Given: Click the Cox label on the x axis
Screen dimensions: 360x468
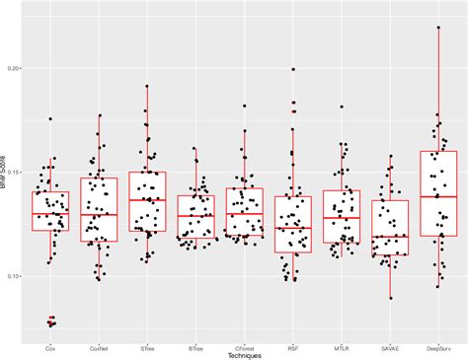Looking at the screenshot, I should [x=50, y=346].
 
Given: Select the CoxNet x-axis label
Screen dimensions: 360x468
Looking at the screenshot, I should [x=99, y=346].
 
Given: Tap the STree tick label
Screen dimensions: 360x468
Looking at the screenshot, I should [x=147, y=346].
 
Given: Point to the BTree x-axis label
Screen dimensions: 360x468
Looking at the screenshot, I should [x=195, y=346].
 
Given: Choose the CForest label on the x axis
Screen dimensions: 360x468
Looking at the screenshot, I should [x=244, y=346].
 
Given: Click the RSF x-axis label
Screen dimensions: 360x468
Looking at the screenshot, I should [x=292, y=346].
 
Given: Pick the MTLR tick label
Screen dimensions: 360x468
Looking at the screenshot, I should [x=341, y=346].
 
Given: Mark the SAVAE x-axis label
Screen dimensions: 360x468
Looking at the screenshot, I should [x=389, y=346].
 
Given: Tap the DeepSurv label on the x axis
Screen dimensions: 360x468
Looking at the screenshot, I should [x=437, y=346].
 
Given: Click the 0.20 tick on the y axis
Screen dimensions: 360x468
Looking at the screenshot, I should [x=17, y=69].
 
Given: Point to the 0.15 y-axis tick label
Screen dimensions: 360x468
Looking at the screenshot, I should [x=17, y=173].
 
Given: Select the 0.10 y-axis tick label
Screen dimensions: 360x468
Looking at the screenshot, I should [x=17, y=276].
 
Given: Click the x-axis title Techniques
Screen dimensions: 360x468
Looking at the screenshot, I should [x=244, y=354].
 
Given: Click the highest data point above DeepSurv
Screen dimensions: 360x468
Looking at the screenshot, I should [x=437, y=28].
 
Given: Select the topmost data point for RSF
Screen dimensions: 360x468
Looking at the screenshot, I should [x=293, y=69].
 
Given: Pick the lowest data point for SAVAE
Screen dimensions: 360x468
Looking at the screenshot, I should [x=390, y=298].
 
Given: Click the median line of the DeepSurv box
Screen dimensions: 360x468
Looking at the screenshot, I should [x=437, y=197].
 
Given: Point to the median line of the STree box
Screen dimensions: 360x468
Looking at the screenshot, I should [x=147, y=200].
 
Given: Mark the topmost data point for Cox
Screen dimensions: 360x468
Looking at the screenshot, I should [x=49, y=119].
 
